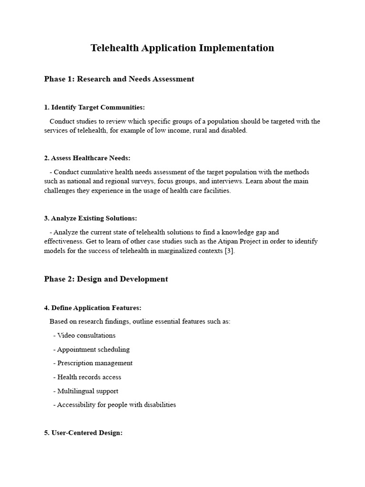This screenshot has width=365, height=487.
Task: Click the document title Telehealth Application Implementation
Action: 182,48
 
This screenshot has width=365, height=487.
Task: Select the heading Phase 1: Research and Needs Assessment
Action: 119,79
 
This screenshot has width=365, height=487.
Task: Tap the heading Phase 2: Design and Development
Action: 106,279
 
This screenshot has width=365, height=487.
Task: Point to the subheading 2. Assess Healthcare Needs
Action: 87,158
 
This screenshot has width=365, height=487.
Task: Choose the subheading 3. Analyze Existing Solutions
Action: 90,218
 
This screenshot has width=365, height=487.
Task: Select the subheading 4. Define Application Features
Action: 93,308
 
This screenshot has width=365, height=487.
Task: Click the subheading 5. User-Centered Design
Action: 83,433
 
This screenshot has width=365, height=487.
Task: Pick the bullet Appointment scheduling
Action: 93,350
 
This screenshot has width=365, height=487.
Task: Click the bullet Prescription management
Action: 95,363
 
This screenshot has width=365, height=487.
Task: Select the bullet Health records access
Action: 89,377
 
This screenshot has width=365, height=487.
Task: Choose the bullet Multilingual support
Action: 87,391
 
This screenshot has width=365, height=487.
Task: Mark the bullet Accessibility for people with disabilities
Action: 116,405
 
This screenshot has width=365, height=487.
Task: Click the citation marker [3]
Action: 229,251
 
